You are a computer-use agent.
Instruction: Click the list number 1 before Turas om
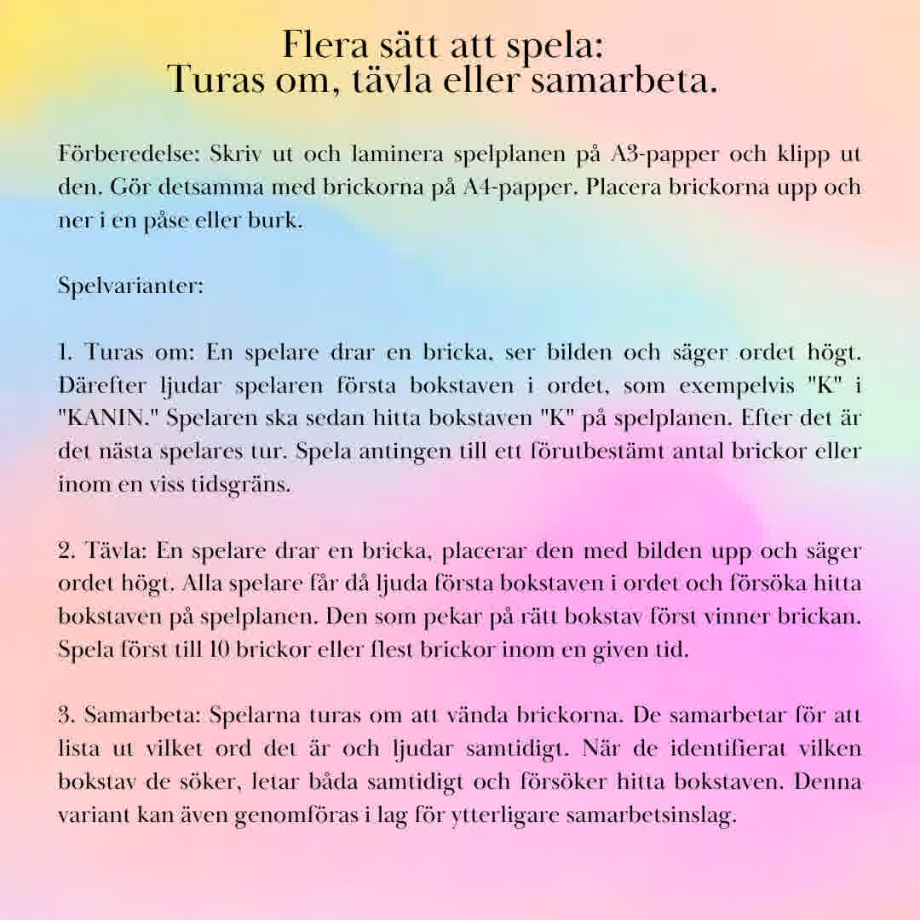click(66, 352)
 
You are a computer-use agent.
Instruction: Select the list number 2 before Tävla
click(66, 550)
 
